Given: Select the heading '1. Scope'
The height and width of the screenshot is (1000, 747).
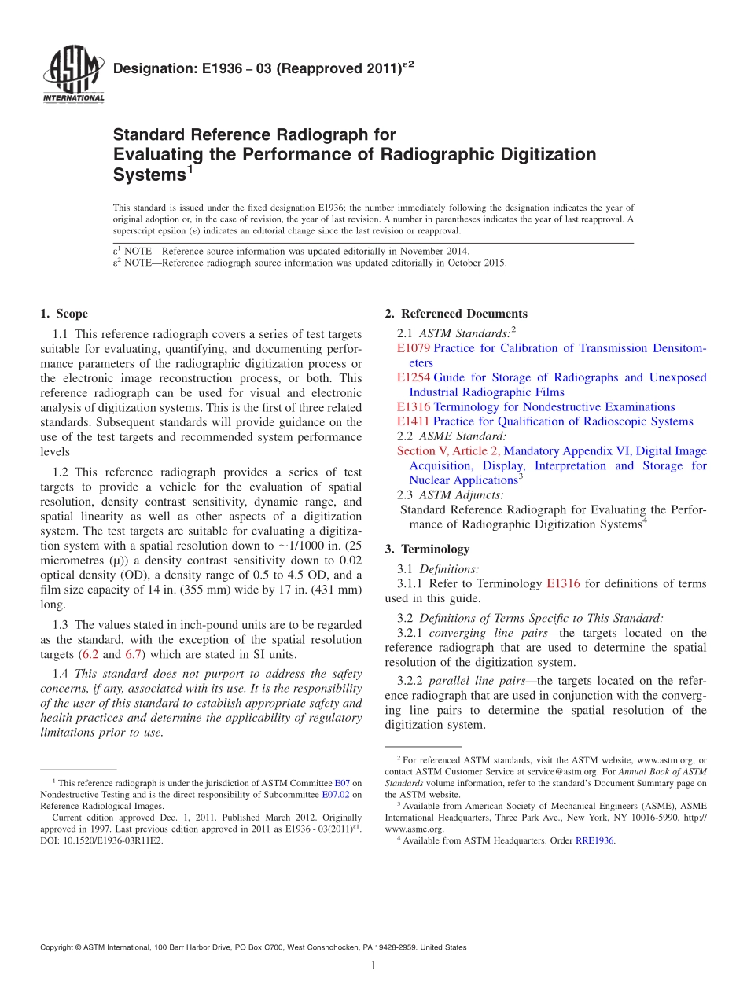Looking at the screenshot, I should point(64,314).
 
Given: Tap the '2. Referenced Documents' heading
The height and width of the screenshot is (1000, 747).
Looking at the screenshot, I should point(456,314).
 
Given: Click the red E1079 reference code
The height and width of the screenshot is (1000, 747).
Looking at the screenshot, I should point(414,348).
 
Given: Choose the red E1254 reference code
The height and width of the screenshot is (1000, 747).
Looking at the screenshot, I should point(414,377).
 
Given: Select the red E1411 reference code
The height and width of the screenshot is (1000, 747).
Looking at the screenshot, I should point(414,421).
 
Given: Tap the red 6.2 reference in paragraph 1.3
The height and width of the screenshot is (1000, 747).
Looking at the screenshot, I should point(112,654).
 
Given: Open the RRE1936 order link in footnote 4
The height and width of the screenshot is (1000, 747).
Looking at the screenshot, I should point(594,840).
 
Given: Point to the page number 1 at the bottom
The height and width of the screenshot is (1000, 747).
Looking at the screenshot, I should point(373,966).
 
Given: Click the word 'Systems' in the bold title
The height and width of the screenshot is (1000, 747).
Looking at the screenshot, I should point(149,175).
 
